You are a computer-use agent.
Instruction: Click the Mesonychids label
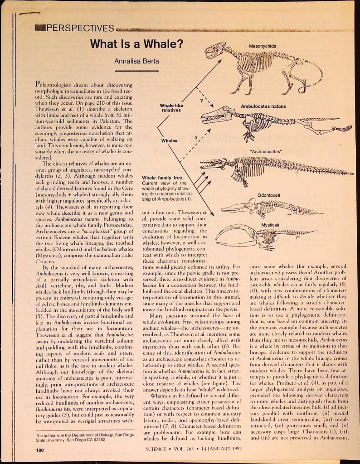pyautogui.click(x=263, y=46)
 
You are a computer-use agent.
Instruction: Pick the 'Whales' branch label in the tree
pyautogui.click(x=170, y=141)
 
